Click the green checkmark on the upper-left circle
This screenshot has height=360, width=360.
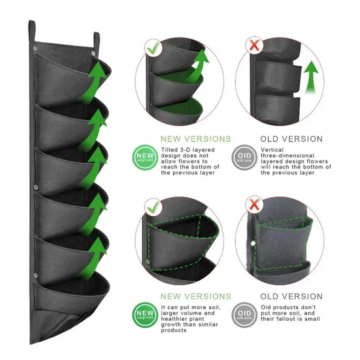[152, 47]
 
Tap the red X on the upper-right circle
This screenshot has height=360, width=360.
[254, 45]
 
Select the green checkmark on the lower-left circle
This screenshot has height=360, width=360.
[152, 206]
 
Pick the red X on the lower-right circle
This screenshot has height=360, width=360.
[254, 204]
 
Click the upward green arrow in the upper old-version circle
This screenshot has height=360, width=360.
[311, 77]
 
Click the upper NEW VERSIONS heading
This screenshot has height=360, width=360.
[195, 139]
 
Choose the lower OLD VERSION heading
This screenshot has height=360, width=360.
[291, 296]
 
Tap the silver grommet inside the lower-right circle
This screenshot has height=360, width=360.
[253, 243]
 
